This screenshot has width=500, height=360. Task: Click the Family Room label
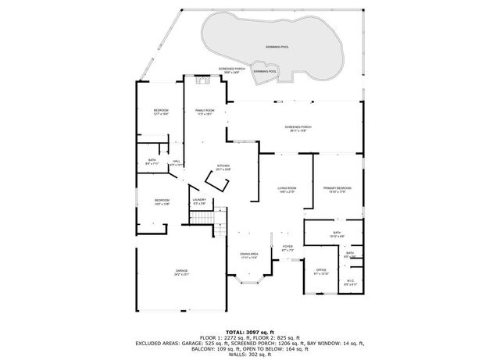click(x=205, y=111)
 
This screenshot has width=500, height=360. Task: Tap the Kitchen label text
click(x=223, y=166)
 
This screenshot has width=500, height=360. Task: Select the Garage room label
click(x=180, y=271)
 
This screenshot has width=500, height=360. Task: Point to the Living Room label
click(x=287, y=188)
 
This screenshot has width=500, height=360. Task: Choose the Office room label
click(x=321, y=271)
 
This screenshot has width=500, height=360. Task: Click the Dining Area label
click(x=248, y=254)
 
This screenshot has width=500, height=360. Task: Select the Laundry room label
click(x=198, y=201)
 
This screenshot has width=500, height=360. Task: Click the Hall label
click(x=177, y=161)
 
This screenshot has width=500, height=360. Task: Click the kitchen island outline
click(x=216, y=183)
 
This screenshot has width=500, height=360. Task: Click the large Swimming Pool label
click(x=277, y=47)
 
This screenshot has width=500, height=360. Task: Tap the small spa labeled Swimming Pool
click(x=265, y=72)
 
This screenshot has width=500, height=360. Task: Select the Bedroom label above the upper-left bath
click(x=161, y=111)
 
